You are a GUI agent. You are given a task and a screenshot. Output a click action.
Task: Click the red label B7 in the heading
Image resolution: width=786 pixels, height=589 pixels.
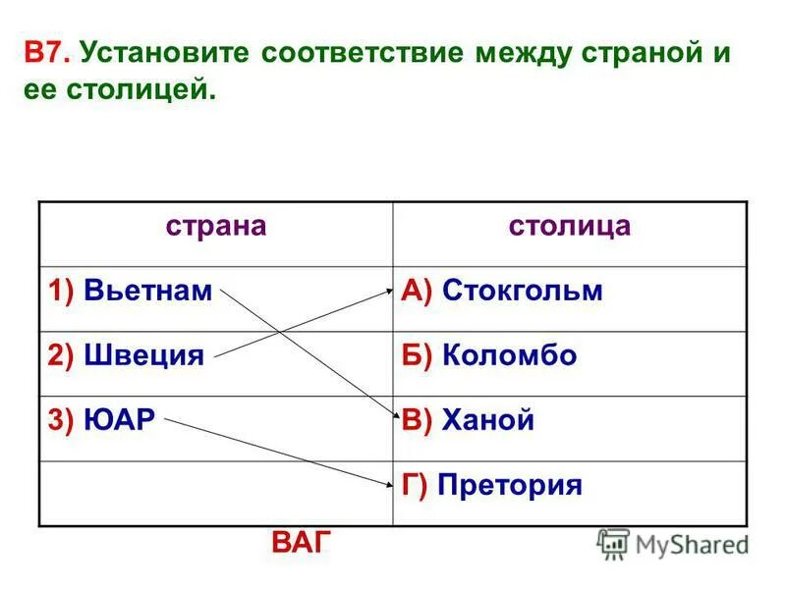45,53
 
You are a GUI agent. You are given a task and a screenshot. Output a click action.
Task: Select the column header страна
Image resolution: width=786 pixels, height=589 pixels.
215,226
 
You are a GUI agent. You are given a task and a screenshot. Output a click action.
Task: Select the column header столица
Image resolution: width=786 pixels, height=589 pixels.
570,226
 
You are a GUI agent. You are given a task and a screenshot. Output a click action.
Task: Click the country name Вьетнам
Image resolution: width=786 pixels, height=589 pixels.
147,292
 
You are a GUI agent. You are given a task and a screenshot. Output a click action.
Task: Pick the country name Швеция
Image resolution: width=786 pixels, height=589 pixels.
143,355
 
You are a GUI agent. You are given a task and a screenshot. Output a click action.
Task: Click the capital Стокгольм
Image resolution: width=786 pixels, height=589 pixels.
522,292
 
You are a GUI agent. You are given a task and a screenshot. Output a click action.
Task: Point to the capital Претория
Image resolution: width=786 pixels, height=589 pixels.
510,485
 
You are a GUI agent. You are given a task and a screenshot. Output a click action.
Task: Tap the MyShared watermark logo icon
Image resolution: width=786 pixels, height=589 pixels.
614,543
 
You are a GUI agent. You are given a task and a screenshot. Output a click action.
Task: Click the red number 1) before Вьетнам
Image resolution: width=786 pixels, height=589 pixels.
61,292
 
